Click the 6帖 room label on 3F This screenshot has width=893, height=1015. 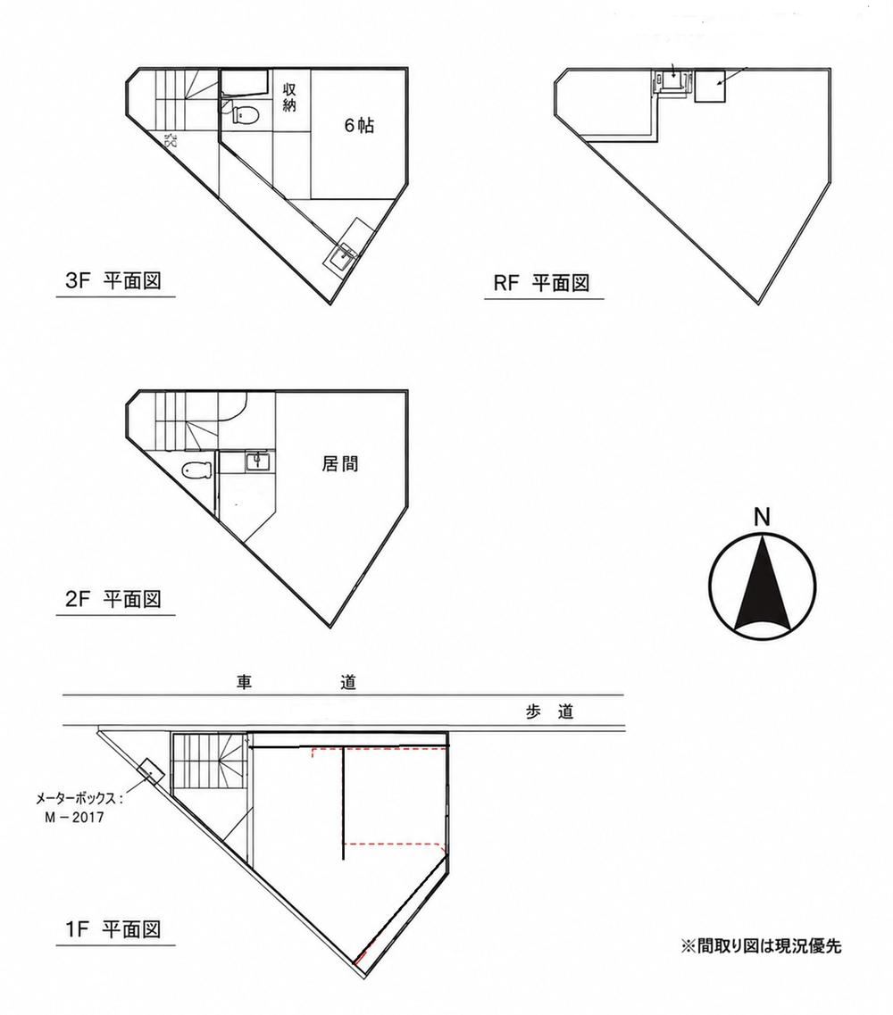pos(358,125)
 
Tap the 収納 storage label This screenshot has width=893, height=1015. pos(288,97)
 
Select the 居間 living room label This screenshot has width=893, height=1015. pos(340,463)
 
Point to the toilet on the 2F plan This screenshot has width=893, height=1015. pos(196,469)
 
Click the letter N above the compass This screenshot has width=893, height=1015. pos(763,517)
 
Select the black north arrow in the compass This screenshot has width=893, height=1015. pos(763,583)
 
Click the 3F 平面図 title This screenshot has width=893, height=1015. pos(113,281)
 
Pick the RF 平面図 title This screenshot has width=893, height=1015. pos(541,283)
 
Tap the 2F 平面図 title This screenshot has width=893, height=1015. pos(113,599)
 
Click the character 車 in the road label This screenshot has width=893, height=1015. pos(244,682)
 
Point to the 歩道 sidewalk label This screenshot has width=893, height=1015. pos(549,712)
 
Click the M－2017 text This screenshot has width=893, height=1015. pos(74,817)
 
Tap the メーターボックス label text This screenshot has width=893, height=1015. pos(79,799)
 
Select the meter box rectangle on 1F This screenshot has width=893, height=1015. pos(150,771)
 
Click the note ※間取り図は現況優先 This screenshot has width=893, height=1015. pos(761,945)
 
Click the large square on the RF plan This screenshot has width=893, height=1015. pos(711,86)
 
